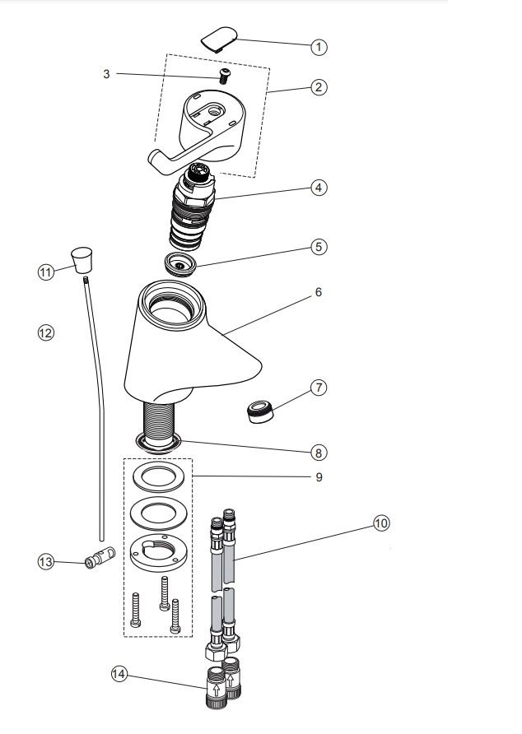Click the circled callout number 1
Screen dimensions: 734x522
319,47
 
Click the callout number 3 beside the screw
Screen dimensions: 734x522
106,74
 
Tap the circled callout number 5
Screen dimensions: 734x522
319,246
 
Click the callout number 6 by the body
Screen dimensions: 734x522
318,292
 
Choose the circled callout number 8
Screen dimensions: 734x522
319,452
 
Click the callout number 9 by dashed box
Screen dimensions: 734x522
318,477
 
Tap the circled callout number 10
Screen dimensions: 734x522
382,523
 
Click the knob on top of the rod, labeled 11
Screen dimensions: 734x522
80,262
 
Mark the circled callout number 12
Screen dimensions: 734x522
46,332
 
